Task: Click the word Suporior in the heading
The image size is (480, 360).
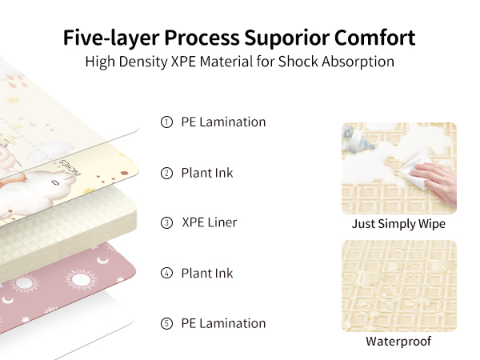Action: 286,38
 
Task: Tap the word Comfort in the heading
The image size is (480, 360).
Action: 374,38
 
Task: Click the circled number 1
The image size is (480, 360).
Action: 166,122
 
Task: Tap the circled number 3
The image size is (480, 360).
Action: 166,223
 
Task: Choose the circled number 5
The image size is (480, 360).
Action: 166,323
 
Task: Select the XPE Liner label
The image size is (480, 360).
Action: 210,222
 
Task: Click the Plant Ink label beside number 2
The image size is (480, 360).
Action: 207,173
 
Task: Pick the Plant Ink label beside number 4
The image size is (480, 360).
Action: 207,274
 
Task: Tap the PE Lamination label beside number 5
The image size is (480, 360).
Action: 223,323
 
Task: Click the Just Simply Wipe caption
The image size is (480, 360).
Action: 398,224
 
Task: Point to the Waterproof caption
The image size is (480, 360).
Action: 398,342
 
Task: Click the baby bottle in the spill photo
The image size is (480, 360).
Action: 358,139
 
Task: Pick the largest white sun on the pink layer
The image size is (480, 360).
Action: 81,279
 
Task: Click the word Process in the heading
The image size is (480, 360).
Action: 202,38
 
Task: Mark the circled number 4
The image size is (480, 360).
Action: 166,273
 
